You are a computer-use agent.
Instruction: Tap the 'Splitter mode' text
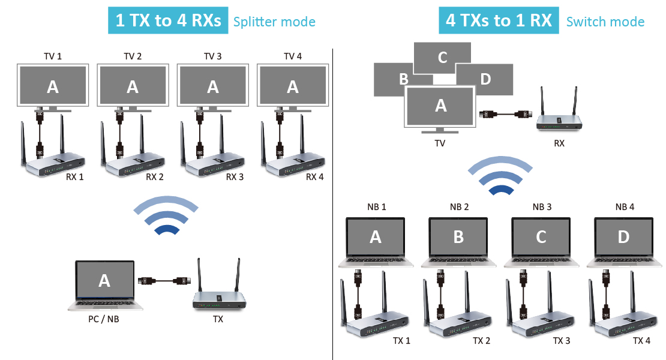point(274,22)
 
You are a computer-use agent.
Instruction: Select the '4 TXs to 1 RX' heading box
point(499,21)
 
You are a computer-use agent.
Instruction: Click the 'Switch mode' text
point(605,22)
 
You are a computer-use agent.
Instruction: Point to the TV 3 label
point(212,56)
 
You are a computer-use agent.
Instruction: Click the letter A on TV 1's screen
point(53,87)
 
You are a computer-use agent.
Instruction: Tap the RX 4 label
point(314,177)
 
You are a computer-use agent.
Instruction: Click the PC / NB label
point(103,319)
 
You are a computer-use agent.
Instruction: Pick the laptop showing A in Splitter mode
point(104,282)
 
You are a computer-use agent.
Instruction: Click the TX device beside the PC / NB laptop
point(220,297)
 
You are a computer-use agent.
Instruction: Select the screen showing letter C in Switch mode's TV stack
point(442,58)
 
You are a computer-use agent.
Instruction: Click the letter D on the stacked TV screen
point(486,79)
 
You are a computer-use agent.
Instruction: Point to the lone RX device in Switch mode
point(559,120)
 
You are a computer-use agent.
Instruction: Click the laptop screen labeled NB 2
point(458,237)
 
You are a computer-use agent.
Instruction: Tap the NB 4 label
point(623,207)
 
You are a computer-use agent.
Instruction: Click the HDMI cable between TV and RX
point(506,113)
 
